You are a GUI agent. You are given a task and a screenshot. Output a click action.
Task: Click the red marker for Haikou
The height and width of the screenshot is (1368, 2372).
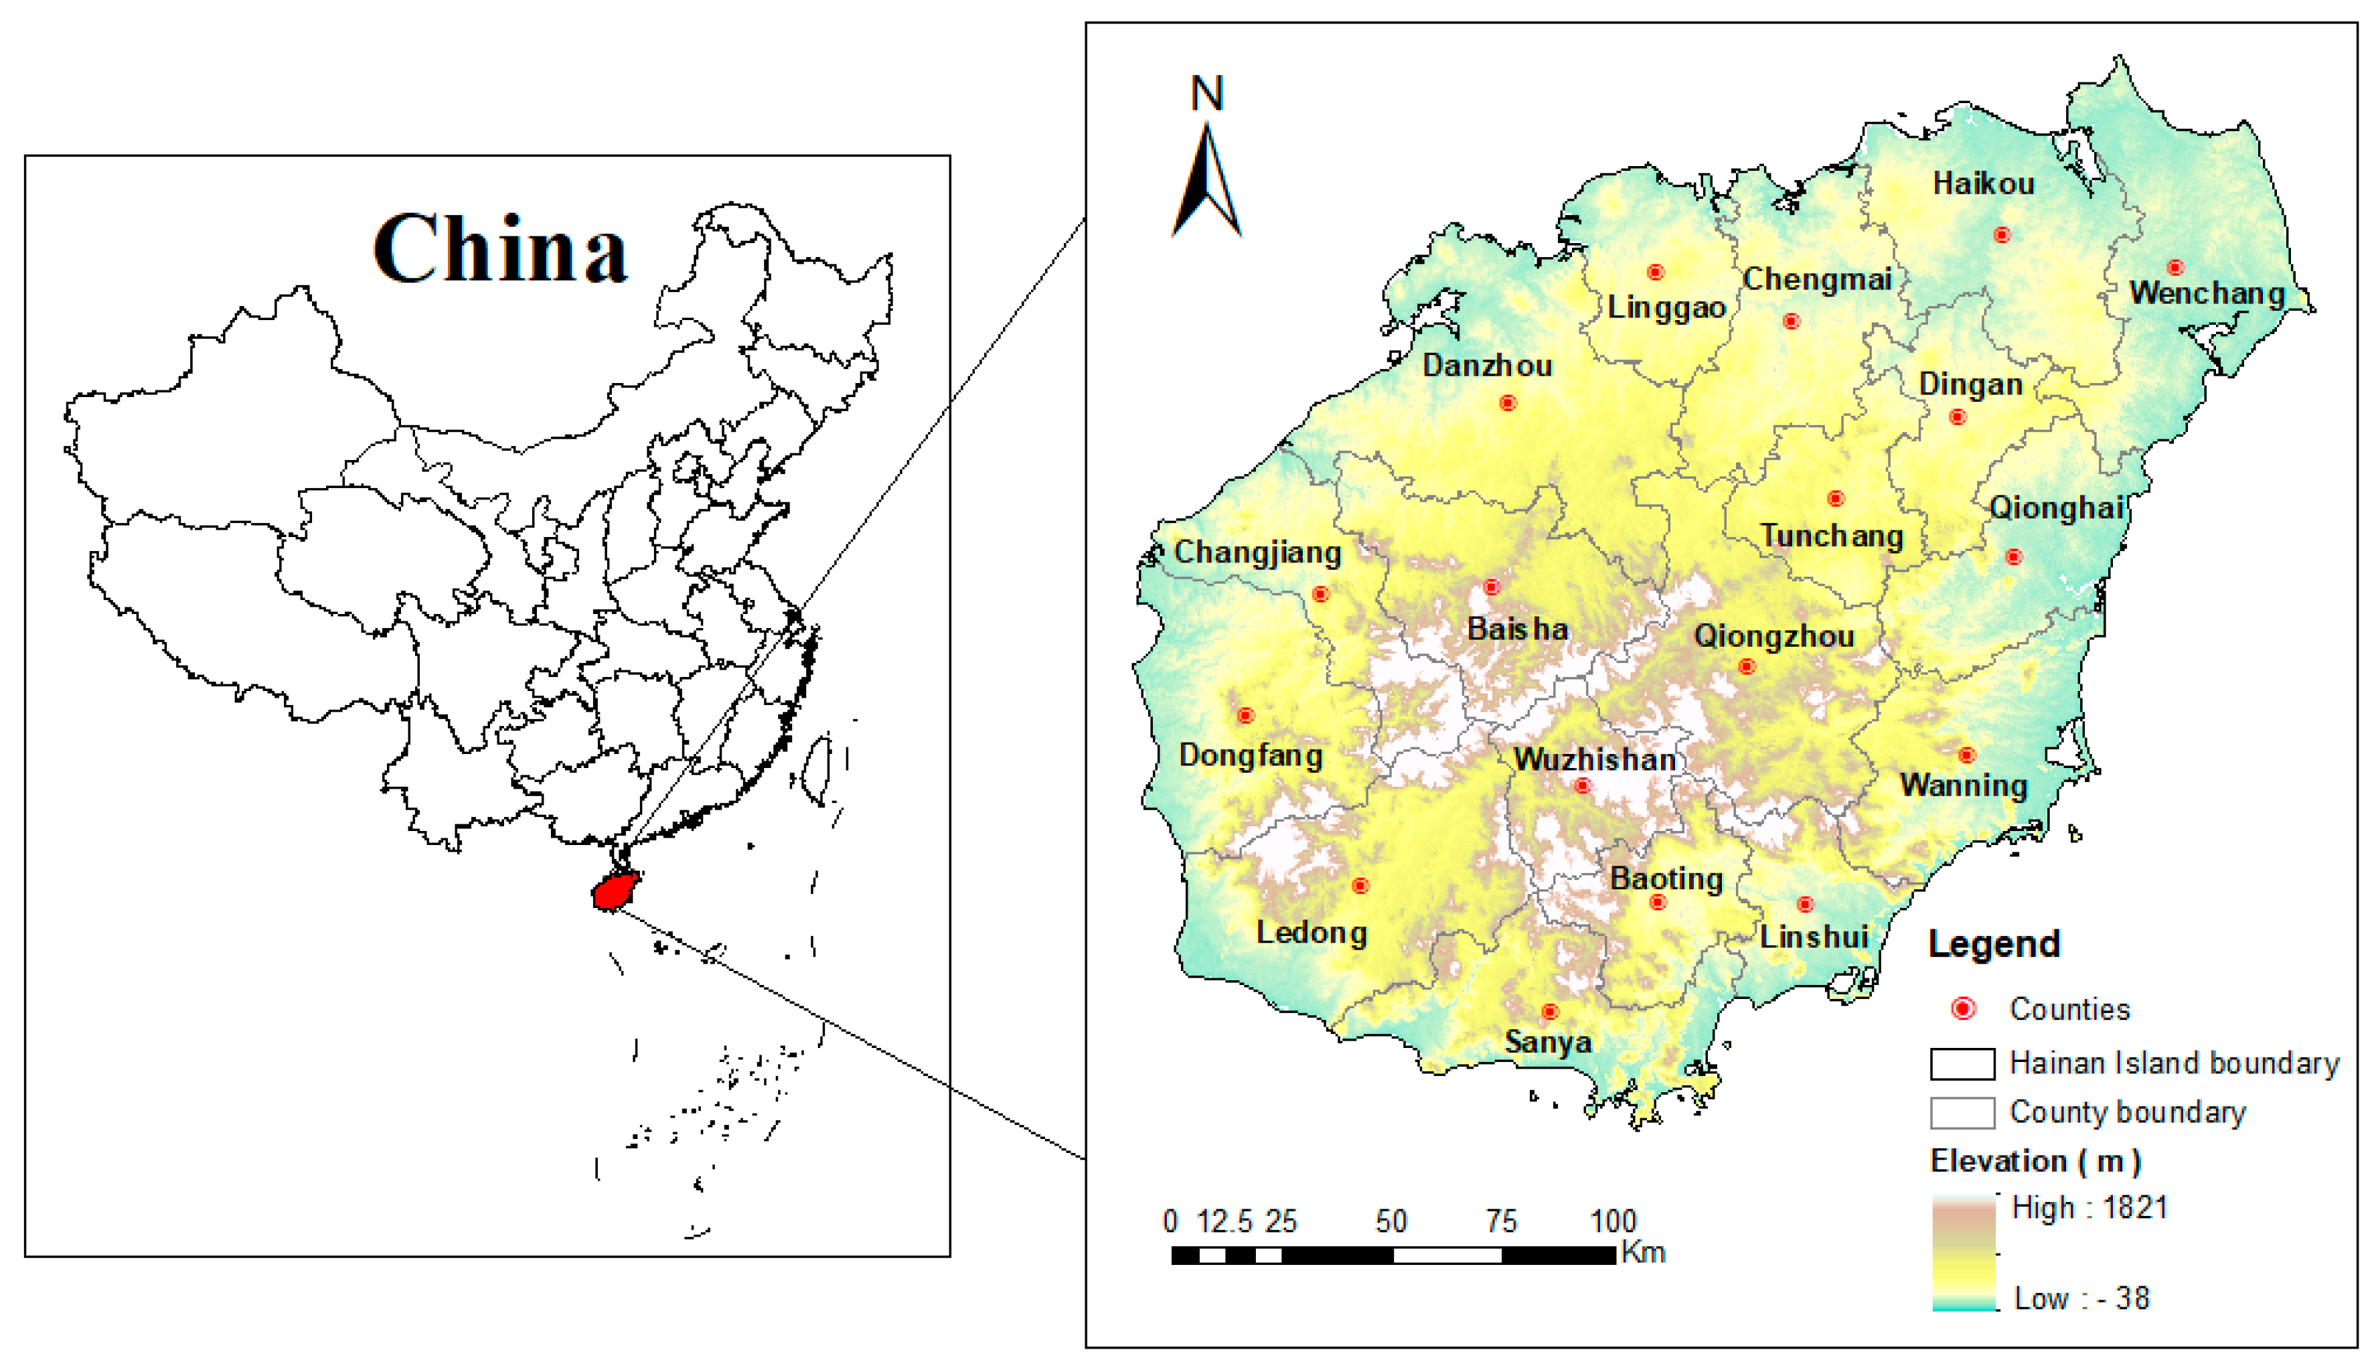click(x=2002, y=235)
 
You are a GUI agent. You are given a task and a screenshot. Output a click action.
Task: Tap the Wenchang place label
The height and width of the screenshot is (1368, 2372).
click(x=2207, y=293)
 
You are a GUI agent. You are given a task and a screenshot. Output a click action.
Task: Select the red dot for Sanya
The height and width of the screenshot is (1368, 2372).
click(x=1549, y=1012)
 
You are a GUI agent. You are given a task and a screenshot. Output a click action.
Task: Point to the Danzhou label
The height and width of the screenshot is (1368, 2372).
click(x=1486, y=366)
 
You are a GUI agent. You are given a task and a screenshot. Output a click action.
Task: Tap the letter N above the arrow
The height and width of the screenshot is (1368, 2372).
click(x=1207, y=94)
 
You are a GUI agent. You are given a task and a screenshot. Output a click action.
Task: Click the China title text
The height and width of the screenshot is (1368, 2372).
click(x=499, y=249)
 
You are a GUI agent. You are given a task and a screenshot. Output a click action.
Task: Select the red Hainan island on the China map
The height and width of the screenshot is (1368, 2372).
click(x=615, y=890)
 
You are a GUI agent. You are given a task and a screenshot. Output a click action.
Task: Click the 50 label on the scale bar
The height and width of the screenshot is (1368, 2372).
click(x=1391, y=1221)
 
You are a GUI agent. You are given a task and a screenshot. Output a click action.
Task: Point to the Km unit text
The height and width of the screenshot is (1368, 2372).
click(x=1643, y=1252)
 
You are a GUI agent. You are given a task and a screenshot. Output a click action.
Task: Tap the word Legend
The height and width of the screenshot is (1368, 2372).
click(x=1994, y=943)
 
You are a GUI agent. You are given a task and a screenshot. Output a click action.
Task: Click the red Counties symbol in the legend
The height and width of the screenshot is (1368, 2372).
click(x=1962, y=1009)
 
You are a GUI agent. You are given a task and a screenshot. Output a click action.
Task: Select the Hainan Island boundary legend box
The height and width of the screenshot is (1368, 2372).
click(x=1962, y=1063)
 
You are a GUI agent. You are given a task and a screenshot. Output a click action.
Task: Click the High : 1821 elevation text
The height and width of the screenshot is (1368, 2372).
click(x=2089, y=1207)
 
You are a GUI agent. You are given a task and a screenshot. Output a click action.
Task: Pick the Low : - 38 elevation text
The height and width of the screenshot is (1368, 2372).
click(x=2081, y=1298)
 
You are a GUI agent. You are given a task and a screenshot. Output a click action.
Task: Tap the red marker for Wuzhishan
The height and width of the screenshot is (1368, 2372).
click(x=1583, y=785)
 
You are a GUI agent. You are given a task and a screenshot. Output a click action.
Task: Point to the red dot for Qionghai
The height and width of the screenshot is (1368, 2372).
click(x=2013, y=557)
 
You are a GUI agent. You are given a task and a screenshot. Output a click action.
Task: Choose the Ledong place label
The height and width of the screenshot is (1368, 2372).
click(x=1312, y=933)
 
